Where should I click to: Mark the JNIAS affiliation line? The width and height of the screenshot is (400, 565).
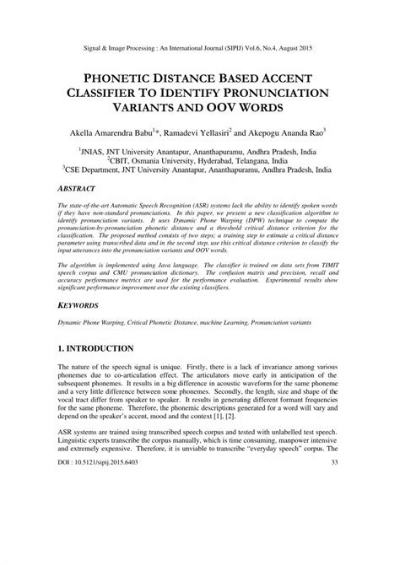(x=199, y=147)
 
